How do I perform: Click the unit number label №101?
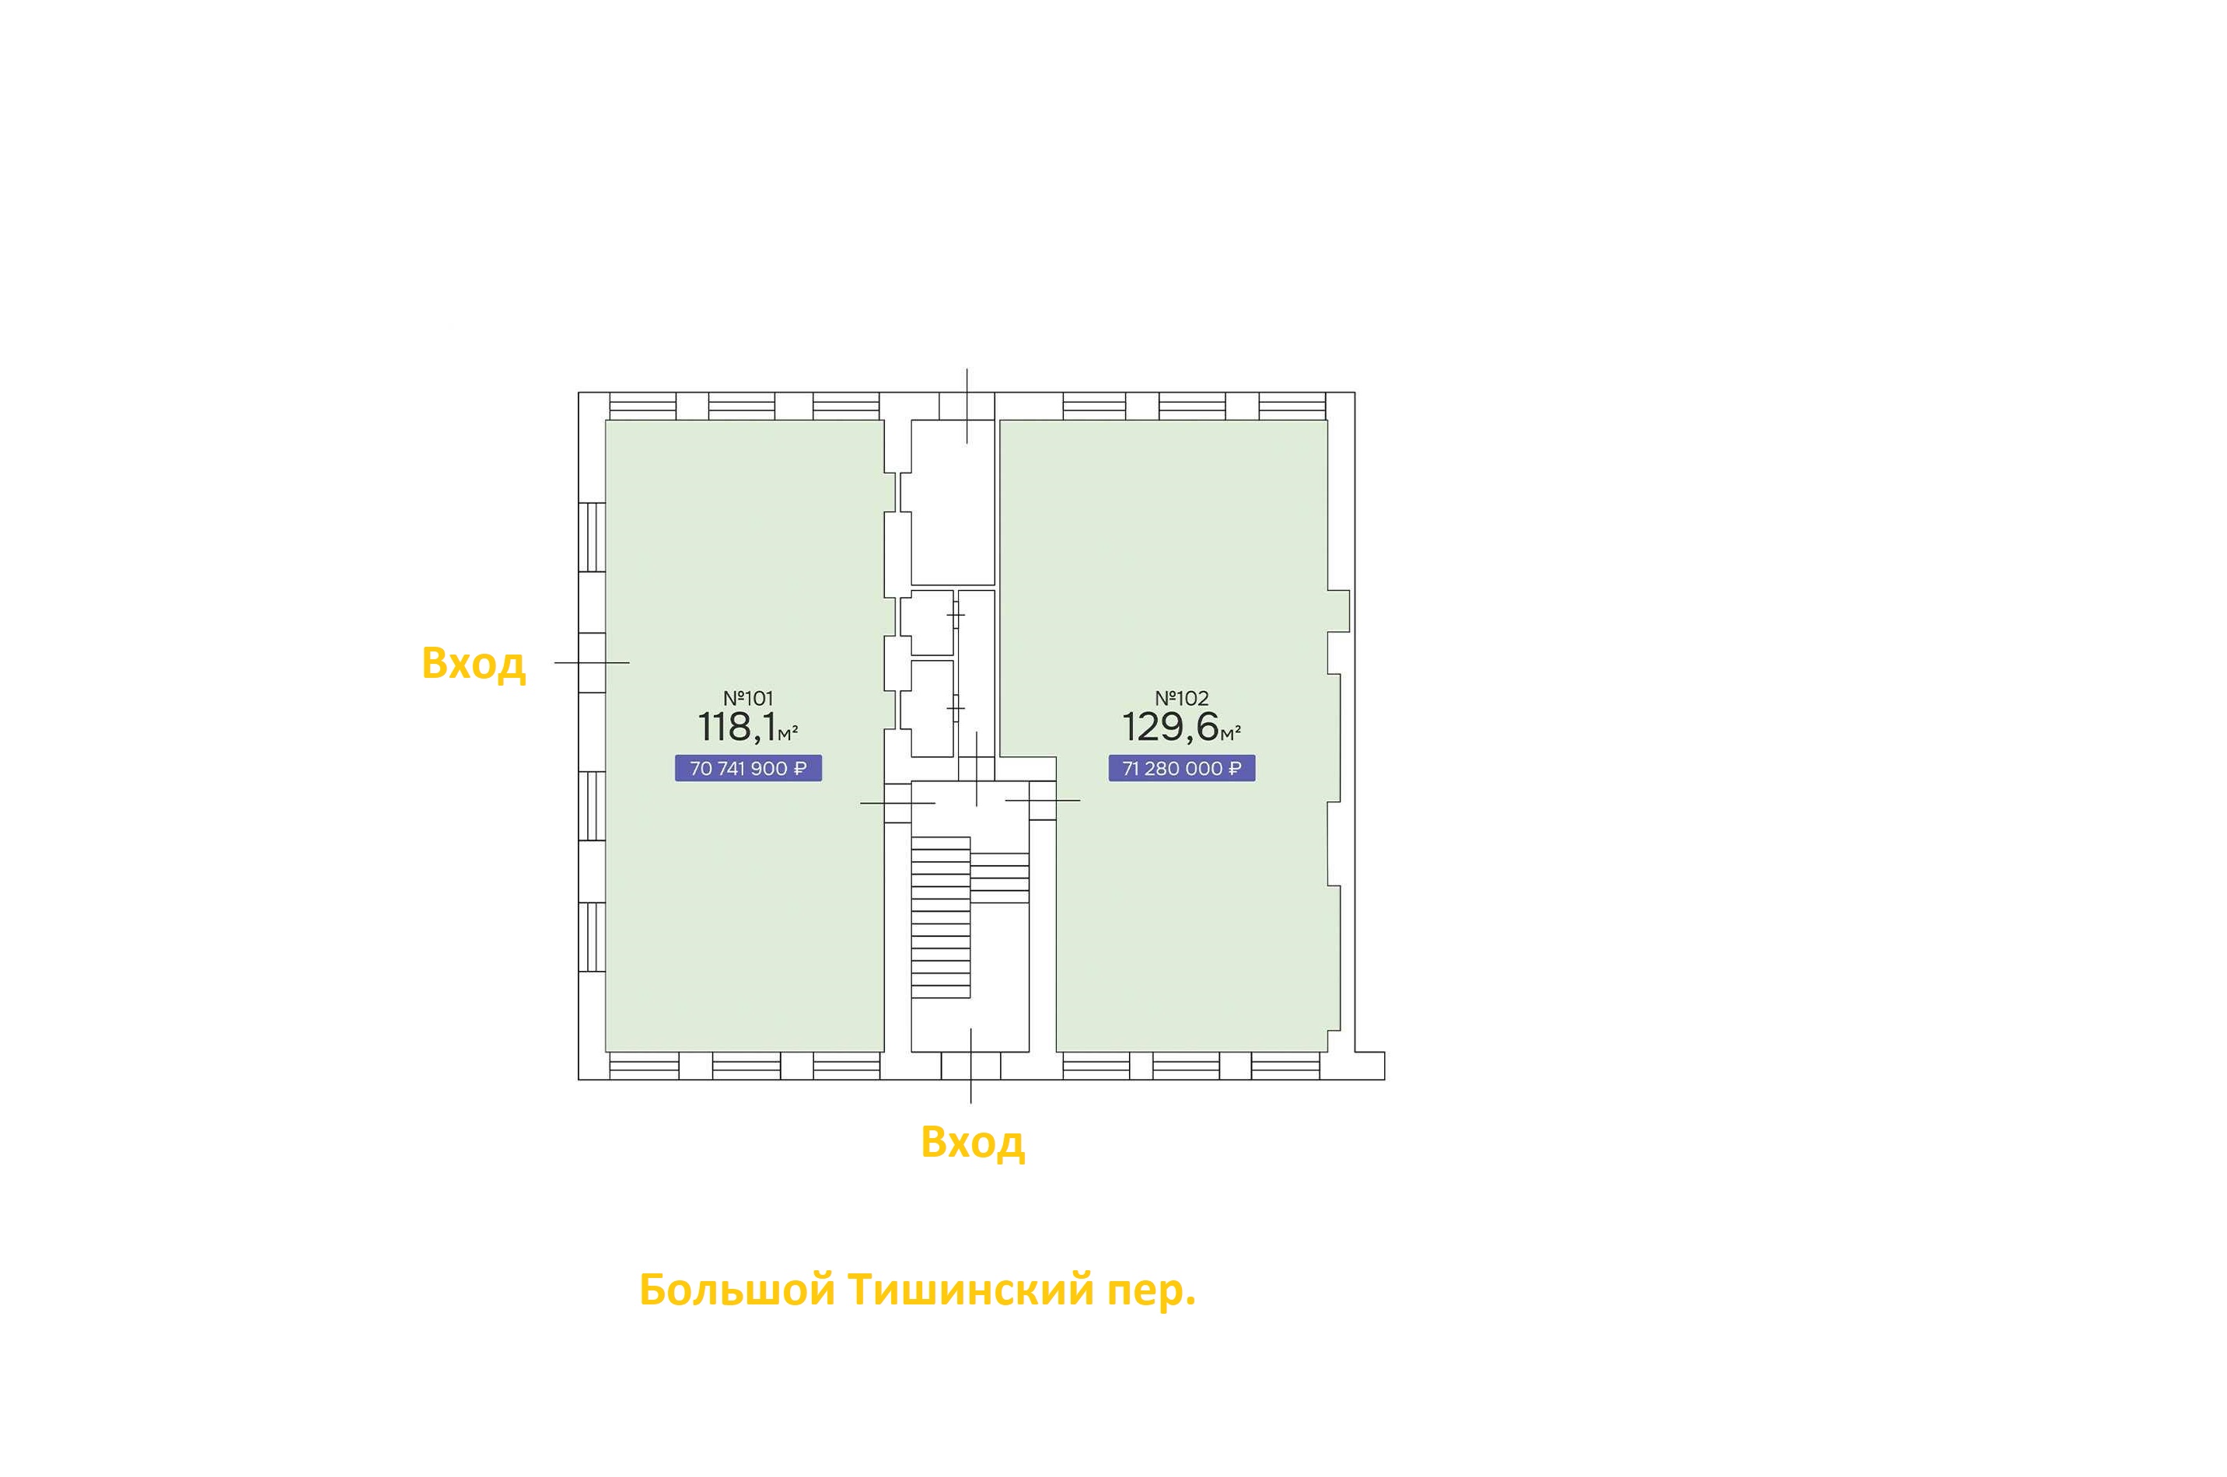pos(747,698)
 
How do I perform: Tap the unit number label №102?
pos(1181,698)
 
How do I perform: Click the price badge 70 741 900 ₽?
pos(748,769)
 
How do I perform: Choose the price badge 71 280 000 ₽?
pos(1181,769)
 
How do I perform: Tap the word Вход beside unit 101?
pos(473,663)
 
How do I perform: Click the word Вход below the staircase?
pos(972,1142)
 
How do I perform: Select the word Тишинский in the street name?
pos(971,1290)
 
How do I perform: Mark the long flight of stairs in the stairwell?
pos(940,917)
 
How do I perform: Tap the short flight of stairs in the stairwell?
pos(999,878)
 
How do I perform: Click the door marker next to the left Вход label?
pos(592,662)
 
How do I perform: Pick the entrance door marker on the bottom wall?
pos(971,1065)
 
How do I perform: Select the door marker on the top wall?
pos(967,406)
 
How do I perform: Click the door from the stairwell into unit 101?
pos(898,802)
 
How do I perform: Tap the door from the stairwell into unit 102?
pos(1043,801)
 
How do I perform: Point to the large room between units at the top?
pos(953,502)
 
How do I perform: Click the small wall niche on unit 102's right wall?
pos(1339,610)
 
